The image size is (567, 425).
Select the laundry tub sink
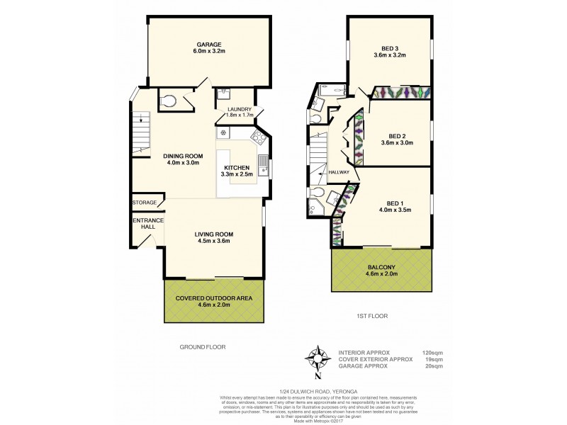tap(223, 93)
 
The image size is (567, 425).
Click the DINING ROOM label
tap(184, 156)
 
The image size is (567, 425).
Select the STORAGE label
tap(145, 203)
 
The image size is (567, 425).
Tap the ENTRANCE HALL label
tap(147, 225)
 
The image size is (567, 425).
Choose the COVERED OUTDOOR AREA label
tap(214, 298)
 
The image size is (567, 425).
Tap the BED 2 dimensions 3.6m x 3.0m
tap(396, 142)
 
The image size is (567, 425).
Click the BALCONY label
tap(381, 267)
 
